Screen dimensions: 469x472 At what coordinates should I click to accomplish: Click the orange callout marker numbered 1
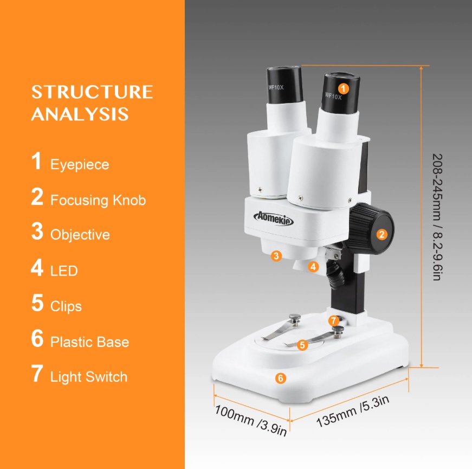point(342,88)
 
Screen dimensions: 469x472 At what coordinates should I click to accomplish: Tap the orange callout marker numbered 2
point(382,234)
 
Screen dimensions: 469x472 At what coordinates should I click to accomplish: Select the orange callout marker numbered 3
point(276,256)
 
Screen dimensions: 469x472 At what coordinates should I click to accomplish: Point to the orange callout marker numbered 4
point(313,267)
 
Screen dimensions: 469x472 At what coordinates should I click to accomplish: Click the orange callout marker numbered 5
point(302,344)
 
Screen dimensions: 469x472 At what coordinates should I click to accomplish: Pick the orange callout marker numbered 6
point(280,378)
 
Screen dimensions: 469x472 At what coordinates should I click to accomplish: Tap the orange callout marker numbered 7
point(334,320)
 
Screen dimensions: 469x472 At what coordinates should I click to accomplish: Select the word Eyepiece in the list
point(80,164)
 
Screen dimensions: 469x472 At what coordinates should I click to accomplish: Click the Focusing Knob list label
point(98,200)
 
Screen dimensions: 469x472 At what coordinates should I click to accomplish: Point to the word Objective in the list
point(80,235)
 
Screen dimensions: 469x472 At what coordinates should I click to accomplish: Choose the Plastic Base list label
point(90,342)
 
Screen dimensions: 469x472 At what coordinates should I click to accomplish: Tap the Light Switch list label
point(89,377)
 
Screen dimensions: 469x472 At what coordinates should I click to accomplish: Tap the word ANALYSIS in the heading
point(80,114)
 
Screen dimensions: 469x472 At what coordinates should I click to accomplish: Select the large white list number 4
point(37,268)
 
